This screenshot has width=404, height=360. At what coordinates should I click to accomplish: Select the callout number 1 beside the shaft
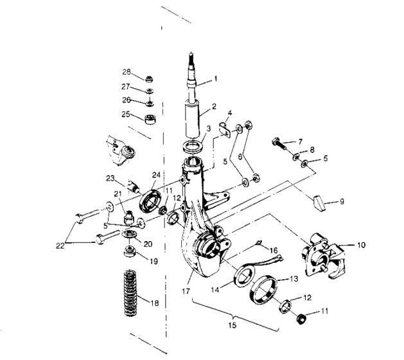coord(216,79)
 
